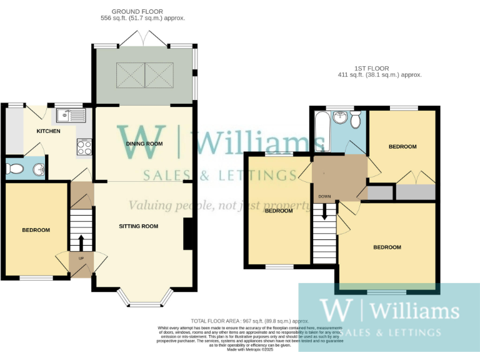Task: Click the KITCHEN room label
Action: [x=48, y=131]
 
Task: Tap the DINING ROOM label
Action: [x=145, y=144]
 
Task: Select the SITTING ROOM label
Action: [x=139, y=226]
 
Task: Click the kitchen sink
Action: [x=70, y=115]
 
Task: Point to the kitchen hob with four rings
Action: [x=84, y=147]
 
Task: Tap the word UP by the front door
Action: [x=81, y=258]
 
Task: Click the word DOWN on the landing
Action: [x=324, y=196]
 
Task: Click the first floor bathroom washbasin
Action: [x=341, y=117]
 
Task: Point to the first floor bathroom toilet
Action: [x=356, y=119]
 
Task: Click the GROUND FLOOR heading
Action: [x=137, y=11]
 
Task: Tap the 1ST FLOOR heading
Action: [x=371, y=67]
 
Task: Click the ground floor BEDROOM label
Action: [x=36, y=230]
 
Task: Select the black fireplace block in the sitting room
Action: [x=187, y=234]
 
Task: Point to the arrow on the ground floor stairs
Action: [x=81, y=240]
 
